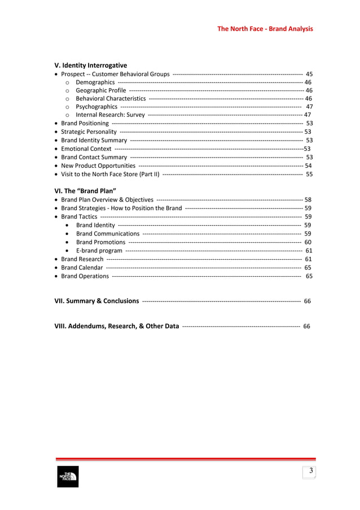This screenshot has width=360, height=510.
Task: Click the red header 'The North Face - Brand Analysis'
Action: click(x=265, y=29)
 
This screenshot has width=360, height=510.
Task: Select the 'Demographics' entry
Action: click(x=95, y=82)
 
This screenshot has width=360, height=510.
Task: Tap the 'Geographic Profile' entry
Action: click(x=101, y=90)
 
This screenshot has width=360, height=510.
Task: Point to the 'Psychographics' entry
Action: click(x=96, y=106)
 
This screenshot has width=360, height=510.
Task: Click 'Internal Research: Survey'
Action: click(x=110, y=115)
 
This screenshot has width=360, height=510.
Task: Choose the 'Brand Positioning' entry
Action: click(x=85, y=123)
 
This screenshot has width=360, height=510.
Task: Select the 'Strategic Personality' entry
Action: click(x=89, y=132)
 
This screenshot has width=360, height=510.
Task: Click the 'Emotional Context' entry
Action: click(x=86, y=149)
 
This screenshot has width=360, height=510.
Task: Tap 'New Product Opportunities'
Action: click(x=98, y=165)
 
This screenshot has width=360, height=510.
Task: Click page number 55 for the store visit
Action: click(x=309, y=174)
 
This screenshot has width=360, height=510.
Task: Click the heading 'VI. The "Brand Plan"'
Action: click(x=85, y=190)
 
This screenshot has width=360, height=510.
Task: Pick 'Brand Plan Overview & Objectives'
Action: click(x=107, y=199)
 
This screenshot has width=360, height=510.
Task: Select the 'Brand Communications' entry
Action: click(x=107, y=233)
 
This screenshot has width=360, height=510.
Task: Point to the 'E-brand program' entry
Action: click(x=99, y=250)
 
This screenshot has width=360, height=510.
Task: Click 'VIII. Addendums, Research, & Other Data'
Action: click(x=116, y=326)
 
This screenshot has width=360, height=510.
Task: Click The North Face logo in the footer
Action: click(x=67, y=477)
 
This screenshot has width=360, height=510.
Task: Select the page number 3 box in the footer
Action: click(x=309, y=472)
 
